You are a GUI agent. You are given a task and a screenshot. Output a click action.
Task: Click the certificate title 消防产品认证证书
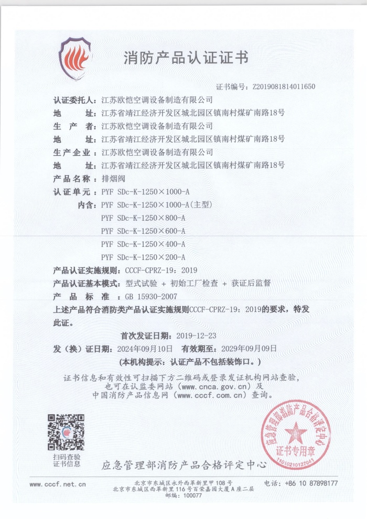pyautogui.click(x=186, y=58)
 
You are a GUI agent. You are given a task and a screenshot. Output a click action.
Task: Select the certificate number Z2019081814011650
pyautogui.click(x=284, y=87)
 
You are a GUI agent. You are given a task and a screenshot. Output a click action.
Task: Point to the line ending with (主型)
pyautogui.click(x=156, y=204)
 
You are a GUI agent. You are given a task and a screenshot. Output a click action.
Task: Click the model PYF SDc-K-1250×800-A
pyautogui.click(x=143, y=218)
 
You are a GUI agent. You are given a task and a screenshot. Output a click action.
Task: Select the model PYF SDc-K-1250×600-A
pyautogui.click(x=143, y=231)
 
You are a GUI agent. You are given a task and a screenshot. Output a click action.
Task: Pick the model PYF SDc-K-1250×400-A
pyautogui.click(x=143, y=244)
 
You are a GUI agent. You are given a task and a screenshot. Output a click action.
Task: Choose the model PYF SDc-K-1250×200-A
pyautogui.click(x=143, y=257)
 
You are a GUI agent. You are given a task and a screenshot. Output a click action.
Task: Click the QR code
pyautogui.click(x=66, y=433)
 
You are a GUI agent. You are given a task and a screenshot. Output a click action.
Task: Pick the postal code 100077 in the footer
pyautogui.click(x=191, y=495)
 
